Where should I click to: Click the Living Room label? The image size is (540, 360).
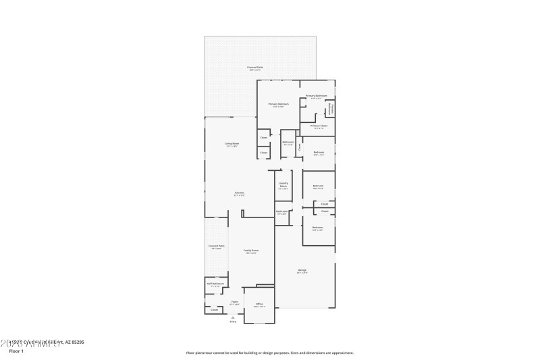[x=232, y=143]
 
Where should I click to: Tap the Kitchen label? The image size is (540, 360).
[x=239, y=192]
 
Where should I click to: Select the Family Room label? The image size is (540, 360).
[x=251, y=250]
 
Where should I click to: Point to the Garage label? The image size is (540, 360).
[x=302, y=270]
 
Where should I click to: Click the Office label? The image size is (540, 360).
[x=259, y=304]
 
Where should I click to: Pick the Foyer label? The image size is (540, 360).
[x=234, y=301]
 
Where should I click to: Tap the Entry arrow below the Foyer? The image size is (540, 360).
[x=233, y=316]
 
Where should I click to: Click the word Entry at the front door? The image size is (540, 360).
[x=233, y=322]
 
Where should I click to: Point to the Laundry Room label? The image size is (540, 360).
[x=283, y=184]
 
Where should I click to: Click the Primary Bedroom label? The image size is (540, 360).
[x=279, y=104]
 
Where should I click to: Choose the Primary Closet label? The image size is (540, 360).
[x=319, y=126]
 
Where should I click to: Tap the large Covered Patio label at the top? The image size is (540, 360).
[x=254, y=67]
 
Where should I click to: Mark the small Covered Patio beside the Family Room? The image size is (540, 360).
[x=216, y=246]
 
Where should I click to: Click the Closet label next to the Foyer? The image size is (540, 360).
[x=215, y=310]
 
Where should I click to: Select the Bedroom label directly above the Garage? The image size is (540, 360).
[x=318, y=228]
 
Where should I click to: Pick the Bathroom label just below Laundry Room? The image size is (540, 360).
[x=282, y=211]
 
